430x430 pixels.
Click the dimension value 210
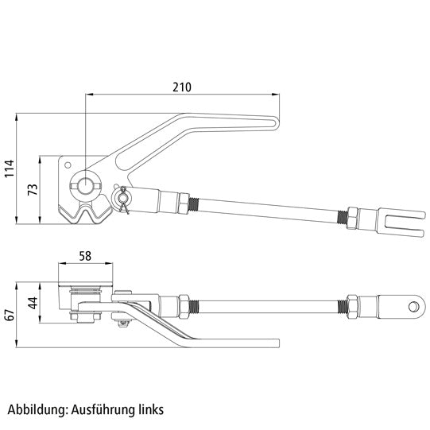181,87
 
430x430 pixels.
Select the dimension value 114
10,169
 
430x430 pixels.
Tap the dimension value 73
33,189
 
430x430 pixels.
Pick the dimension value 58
85,256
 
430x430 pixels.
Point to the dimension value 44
33,303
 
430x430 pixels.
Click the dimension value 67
10,315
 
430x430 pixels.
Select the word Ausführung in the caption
103,410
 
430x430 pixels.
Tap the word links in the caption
150,409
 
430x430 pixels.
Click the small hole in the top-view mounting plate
68,165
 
